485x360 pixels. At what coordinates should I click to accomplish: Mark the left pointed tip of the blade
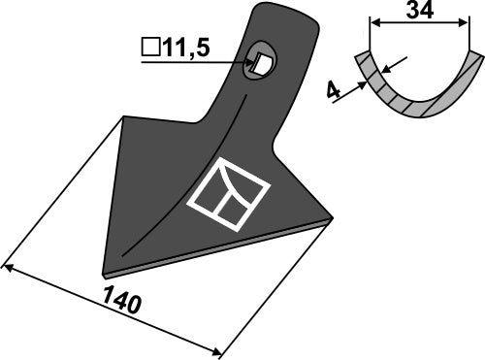pyautogui.click(x=105, y=270)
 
